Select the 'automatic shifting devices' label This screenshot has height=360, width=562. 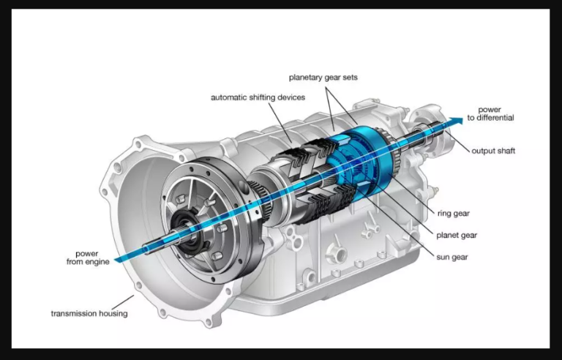(258, 97)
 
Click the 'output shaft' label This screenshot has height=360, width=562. (493, 151)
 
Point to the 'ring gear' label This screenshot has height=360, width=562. (454, 214)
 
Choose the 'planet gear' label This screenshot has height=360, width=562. (457, 236)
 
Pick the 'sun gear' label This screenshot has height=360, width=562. (452, 257)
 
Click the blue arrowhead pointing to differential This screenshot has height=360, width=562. (457, 122)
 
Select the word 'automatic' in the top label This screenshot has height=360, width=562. (229, 97)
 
